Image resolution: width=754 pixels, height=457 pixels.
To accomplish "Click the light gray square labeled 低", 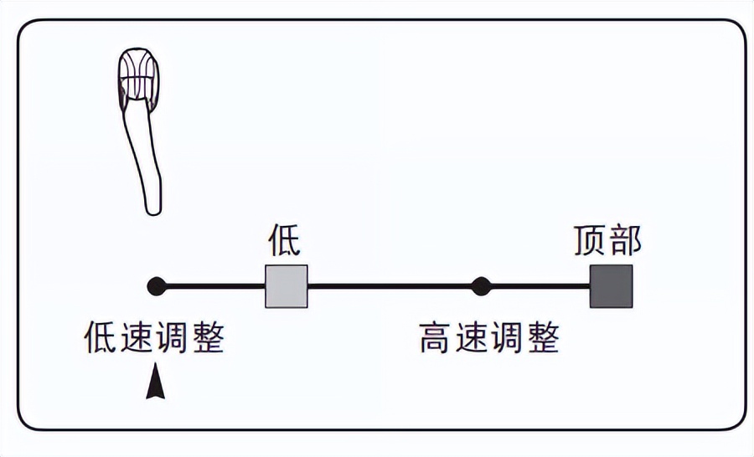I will coord(287,286).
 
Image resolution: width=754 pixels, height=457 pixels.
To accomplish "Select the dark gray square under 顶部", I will coord(611,286).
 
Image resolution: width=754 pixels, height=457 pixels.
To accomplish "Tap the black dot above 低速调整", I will coord(155,286).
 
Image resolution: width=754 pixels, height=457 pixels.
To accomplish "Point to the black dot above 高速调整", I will coord(480,286).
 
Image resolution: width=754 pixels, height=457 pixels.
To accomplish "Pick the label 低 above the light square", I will coord(284,241).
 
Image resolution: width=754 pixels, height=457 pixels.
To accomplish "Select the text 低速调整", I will coord(155,338).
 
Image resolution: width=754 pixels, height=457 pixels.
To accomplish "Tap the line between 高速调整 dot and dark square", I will coord(536,286).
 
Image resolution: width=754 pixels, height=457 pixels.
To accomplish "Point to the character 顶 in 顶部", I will coord(590,241).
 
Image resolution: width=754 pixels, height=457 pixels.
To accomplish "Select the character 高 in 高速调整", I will coord(436,338).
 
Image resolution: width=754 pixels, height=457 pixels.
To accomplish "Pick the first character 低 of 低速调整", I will coord(101,338).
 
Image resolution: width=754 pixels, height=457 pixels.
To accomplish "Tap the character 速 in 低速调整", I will coord(137,338).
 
